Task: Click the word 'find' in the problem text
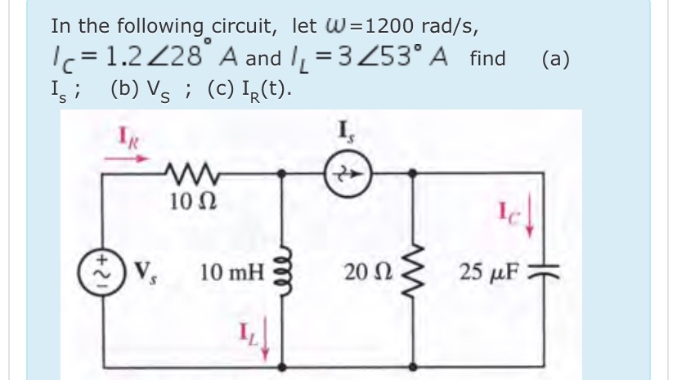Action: pos(487,59)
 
